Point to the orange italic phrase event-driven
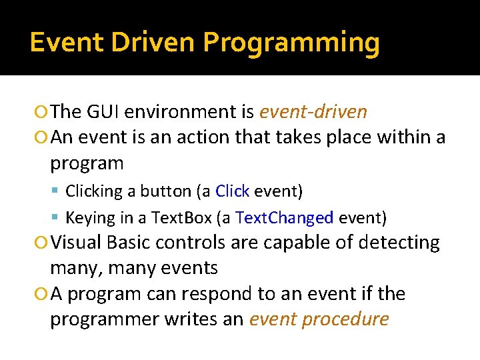[x=313, y=111]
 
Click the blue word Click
[x=233, y=191]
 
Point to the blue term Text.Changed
[x=285, y=218]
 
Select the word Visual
[x=77, y=243]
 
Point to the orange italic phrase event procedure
[x=319, y=319]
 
